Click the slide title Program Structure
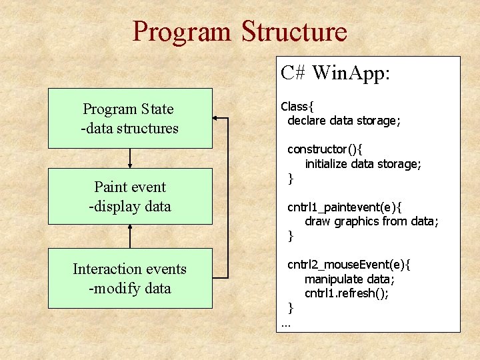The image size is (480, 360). pos(239,31)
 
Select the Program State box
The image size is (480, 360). pos(130,118)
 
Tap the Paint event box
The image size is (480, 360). pos(130,196)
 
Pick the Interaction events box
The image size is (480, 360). pos(130,278)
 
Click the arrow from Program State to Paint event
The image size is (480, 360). pos(130,157)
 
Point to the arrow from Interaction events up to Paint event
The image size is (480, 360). pos(130,236)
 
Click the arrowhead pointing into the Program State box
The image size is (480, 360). pos(217,119)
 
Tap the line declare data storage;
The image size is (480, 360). pos(343,121)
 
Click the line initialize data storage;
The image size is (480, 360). pos(363,163)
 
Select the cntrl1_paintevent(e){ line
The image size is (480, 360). pos(343,207)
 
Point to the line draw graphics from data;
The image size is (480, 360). pos(371,221)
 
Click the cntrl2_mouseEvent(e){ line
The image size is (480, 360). pos(349,265)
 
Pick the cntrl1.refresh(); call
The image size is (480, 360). pos(347,293)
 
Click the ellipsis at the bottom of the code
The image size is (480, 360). pos(286,325)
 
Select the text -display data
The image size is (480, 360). pos(130,206)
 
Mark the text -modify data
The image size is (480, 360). pos(130,288)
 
